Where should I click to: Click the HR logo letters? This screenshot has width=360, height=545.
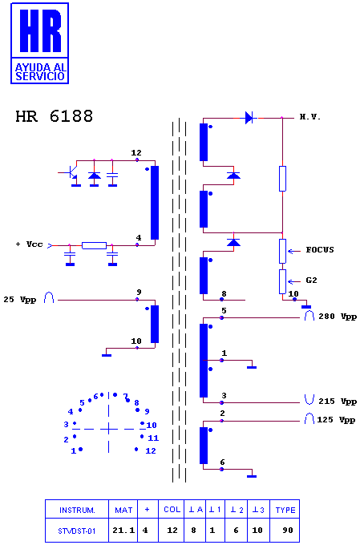41,30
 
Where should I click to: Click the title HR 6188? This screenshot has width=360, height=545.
55,116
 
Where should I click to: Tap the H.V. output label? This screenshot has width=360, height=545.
310,117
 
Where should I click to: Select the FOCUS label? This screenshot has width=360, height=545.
320,250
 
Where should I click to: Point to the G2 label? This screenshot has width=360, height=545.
311,281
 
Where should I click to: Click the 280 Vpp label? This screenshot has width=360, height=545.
338,317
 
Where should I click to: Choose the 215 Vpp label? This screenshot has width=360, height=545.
338,402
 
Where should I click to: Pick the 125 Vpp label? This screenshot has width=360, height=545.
336,420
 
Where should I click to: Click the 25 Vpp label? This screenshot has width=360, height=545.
20,300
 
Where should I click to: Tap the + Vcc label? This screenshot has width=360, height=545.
29,244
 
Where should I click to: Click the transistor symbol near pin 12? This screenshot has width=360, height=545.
71,173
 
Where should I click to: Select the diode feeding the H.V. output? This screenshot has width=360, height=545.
249,118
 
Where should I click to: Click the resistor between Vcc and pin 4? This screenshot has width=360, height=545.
95,246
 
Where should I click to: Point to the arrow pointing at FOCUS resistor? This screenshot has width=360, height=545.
294,251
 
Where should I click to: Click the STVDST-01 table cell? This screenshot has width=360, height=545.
76,531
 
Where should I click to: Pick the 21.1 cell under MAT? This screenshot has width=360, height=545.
123,531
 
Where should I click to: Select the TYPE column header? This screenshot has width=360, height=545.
285,511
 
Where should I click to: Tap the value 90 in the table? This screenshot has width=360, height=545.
288,531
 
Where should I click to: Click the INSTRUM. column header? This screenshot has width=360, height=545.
77,511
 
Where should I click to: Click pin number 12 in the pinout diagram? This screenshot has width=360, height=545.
151,450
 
